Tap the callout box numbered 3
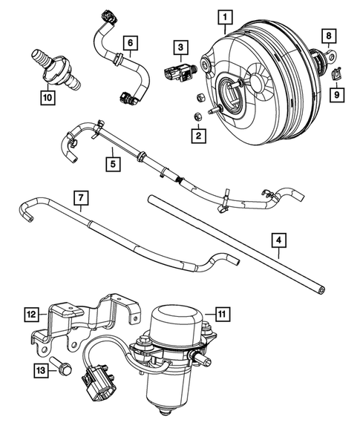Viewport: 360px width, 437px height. pos(179,48)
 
